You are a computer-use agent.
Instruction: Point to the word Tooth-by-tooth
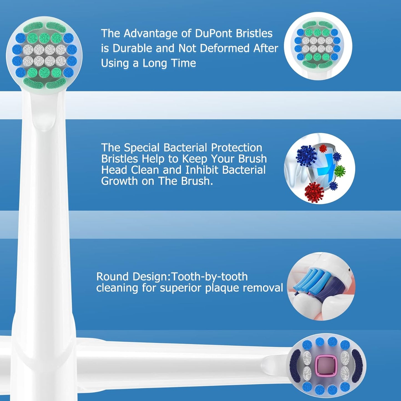pyautogui.click(x=210, y=277)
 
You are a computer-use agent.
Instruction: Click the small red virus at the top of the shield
pyautogui.click(x=323, y=148)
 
